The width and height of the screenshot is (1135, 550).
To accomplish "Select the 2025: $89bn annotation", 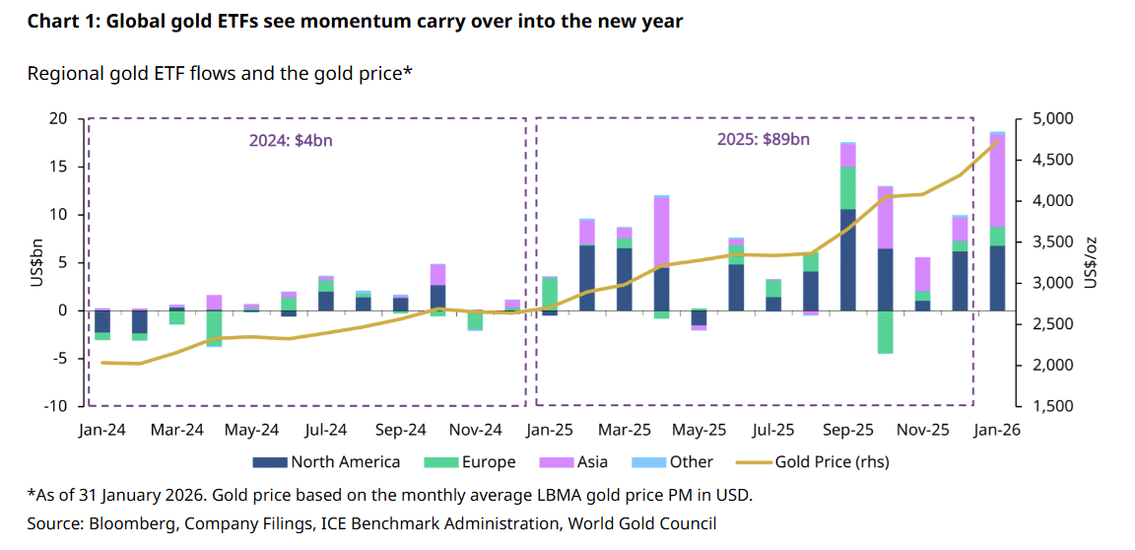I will coord(763,140).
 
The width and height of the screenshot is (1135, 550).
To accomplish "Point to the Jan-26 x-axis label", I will coord(997,430).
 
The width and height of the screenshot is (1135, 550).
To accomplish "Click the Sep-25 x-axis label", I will coord(848,430).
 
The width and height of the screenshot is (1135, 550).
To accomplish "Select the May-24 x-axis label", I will coord(251,430).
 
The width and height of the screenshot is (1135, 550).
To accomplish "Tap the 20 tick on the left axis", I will coord(59,119).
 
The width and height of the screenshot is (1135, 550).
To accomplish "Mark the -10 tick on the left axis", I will coord(55,406).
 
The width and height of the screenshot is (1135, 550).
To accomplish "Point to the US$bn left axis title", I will coord(36,262).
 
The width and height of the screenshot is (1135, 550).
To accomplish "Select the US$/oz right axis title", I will coord(1091,262).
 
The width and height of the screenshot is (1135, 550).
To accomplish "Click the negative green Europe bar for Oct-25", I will coord(885,331).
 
